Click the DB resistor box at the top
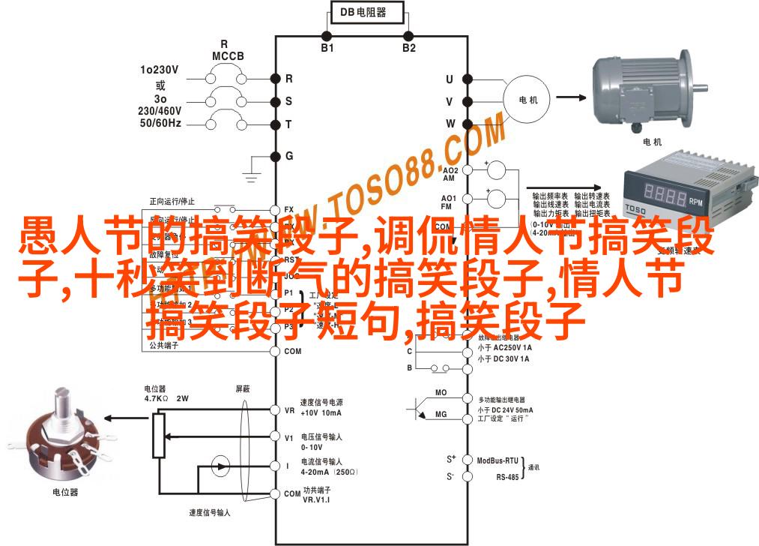368,13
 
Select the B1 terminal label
327,48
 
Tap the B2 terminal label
408,48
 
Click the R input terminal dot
276,78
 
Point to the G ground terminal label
288,156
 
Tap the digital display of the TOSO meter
665,197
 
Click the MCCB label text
223,56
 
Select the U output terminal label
450,79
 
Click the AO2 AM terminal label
448,174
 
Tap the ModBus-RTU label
498,459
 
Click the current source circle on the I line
220,466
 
